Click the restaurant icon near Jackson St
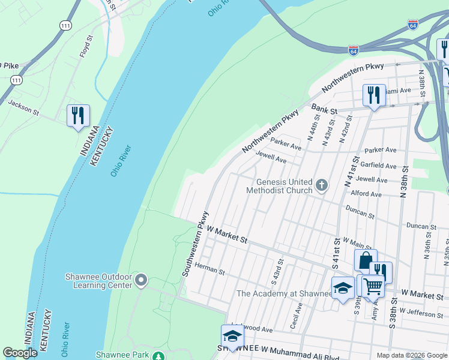pos(78,115)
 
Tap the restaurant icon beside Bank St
pos(373,95)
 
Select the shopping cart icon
pos(373,287)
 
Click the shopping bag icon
pos(365,261)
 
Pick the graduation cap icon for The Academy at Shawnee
pos(343,288)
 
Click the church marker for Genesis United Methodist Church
pos(322,185)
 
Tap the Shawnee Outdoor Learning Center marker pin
pos(141,280)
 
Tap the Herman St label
pos(209,271)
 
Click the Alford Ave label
pos(367,194)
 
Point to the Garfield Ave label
pos(378,166)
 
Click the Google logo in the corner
pos(20,353)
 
